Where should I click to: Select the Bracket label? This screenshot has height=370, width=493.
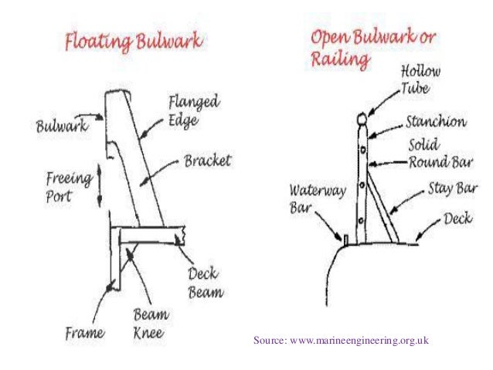tap(210, 163)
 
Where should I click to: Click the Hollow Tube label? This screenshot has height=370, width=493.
tap(420, 80)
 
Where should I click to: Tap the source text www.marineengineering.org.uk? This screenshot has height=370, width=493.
tap(341, 340)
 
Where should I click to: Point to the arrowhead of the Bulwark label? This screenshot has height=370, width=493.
tap(102, 120)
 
